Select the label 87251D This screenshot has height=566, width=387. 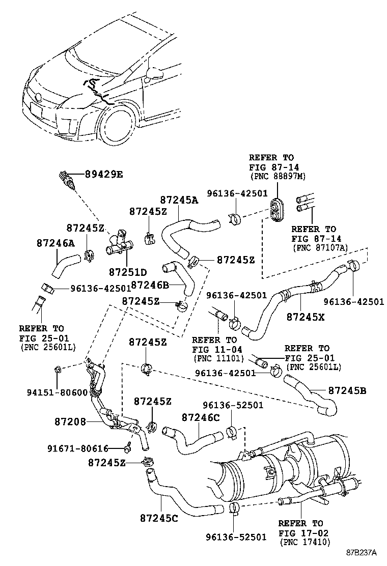127,271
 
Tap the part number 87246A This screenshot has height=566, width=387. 55,244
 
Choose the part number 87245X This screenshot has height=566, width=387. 305,316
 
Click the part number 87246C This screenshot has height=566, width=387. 200,417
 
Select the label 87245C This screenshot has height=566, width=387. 159,518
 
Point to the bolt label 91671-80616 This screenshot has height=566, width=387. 78,448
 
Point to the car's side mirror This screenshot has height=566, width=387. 154,75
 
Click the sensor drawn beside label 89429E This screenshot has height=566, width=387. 66,181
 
